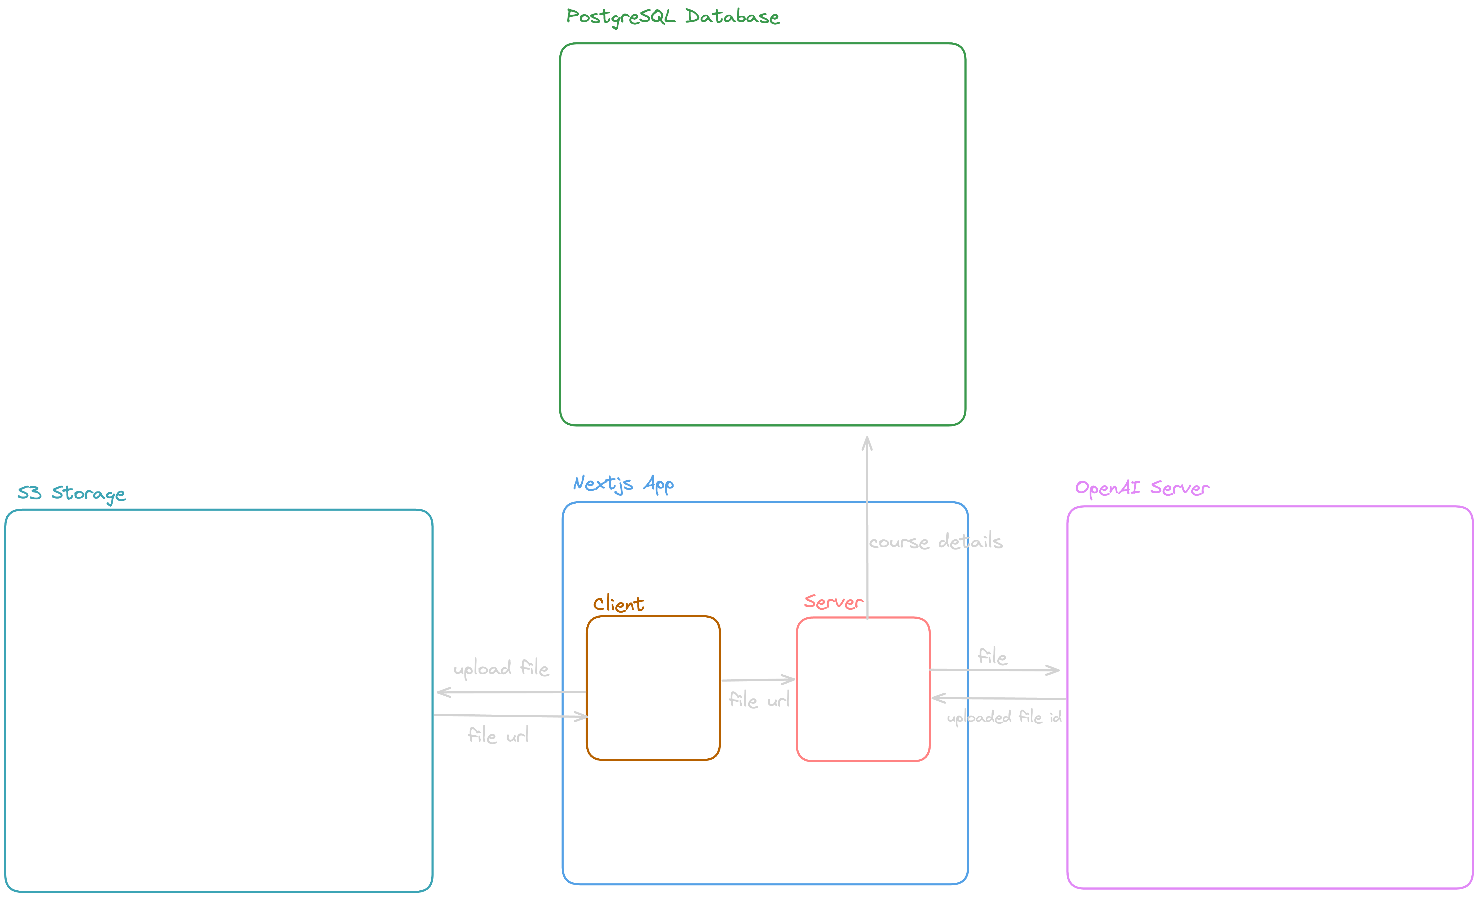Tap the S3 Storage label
(x=71, y=493)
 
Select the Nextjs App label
(x=623, y=483)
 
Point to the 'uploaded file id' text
(x=1004, y=717)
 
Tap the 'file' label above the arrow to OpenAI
(x=992, y=656)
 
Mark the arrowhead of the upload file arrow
(x=443, y=692)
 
